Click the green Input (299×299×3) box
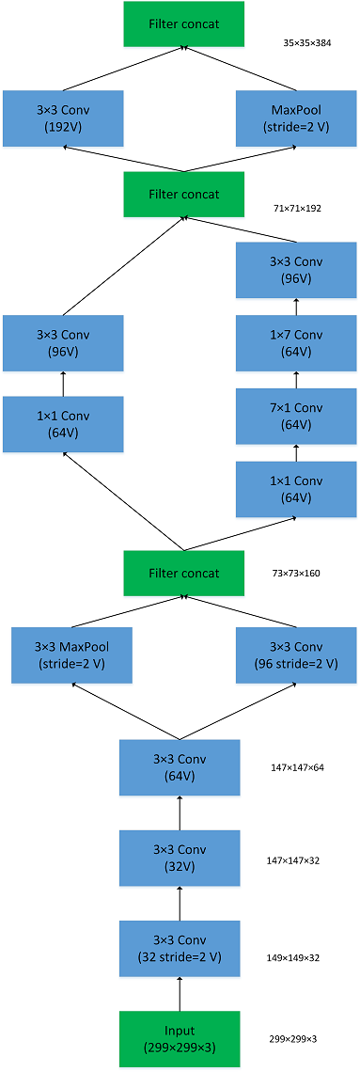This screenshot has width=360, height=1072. pyautogui.click(x=180, y=1039)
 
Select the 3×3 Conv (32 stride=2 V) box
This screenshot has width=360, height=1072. pyautogui.click(x=180, y=949)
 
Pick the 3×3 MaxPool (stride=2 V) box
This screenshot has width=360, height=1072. pyautogui.click(x=71, y=655)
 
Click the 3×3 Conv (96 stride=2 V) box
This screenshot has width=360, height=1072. pyautogui.click(x=296, y=655)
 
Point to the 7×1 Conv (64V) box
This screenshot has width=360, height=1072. pyautogui.click(x=296, y=416)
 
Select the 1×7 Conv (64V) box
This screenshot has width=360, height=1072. pyautogui.click(x=296, y=342)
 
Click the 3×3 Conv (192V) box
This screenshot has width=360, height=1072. pyautogui.click(x=63, y=119)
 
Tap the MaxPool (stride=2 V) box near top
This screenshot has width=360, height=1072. pyautogui.click(x=296, y=119)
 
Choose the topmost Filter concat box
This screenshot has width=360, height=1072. pyautogui.click(x=183, y=24)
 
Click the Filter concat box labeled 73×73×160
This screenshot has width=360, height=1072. pyautogui.click(x=183, y=573)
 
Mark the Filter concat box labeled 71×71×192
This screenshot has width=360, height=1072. pyautogui.click(x=183, y=195)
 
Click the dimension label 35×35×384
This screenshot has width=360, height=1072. pyautogui.click(x=308, y=43)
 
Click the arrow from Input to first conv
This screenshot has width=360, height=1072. pyautogui.click(x=180, y=994)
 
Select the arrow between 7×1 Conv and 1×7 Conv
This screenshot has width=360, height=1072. pyautogui.click(x=296, y=379)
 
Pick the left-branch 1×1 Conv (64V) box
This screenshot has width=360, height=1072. pyautogui.click(x=63, y=424)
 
